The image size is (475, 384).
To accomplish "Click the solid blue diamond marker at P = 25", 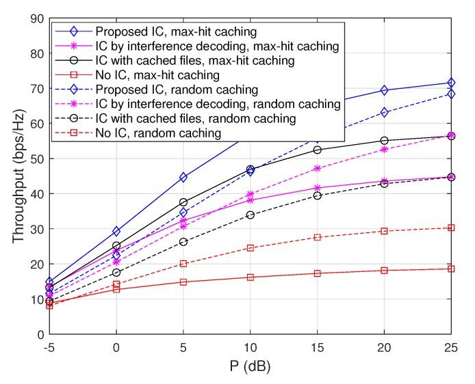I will click(451, 83).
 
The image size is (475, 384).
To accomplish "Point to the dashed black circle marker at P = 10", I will click(250, 215).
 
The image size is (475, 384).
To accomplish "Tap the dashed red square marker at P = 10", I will click(250, 247).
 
